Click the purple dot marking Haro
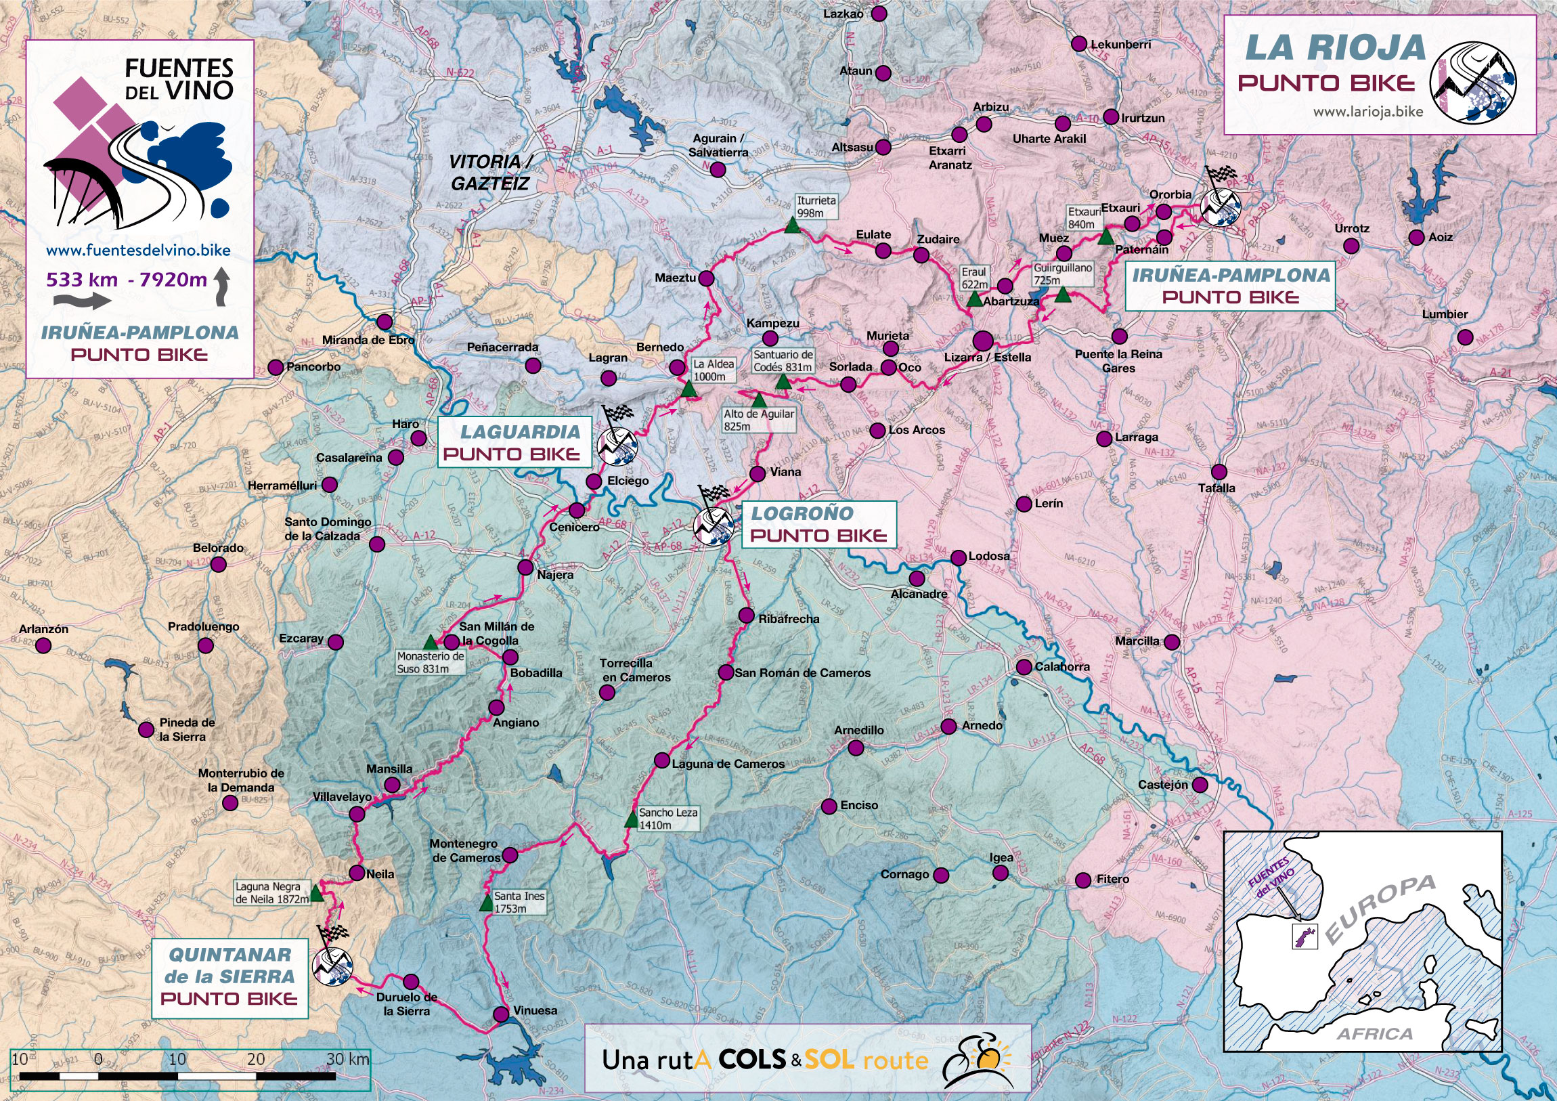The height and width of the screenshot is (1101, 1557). [418, 437]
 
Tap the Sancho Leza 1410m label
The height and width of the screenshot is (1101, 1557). [668, 818]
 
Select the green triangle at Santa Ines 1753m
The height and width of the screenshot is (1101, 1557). [485, 903]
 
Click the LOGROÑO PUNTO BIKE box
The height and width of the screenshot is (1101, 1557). [818, 524]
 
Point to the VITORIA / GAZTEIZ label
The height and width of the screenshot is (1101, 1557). [490, 172]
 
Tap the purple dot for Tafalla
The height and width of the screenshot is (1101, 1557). [1219, 471]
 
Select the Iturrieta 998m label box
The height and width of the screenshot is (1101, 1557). [816, 207]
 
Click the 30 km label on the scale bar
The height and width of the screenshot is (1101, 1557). [347, 1059]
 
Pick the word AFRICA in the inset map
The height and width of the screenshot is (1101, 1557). [1375, 1034]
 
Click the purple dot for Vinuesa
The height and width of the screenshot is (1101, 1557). [500, 1014]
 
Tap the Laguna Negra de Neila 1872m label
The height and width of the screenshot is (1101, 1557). [271, 892]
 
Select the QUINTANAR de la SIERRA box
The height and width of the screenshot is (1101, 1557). [229, 977]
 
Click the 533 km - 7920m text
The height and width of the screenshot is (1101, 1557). [126, 280]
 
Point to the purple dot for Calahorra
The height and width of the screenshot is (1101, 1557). [1024, 667]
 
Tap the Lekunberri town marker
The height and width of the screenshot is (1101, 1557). [1079, 44]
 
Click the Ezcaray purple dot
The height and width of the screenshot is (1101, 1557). [335, 642]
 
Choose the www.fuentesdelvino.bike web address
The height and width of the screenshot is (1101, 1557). [138, 251]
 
